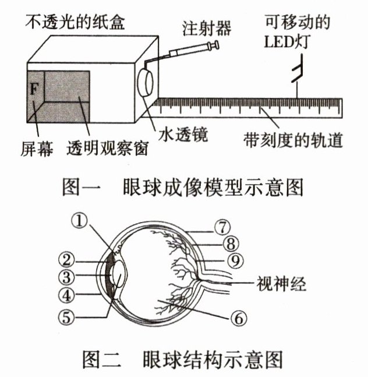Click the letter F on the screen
[x=33, y=90]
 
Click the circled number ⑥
[x=239, y=318]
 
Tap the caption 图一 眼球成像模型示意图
[x=183, y=188]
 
